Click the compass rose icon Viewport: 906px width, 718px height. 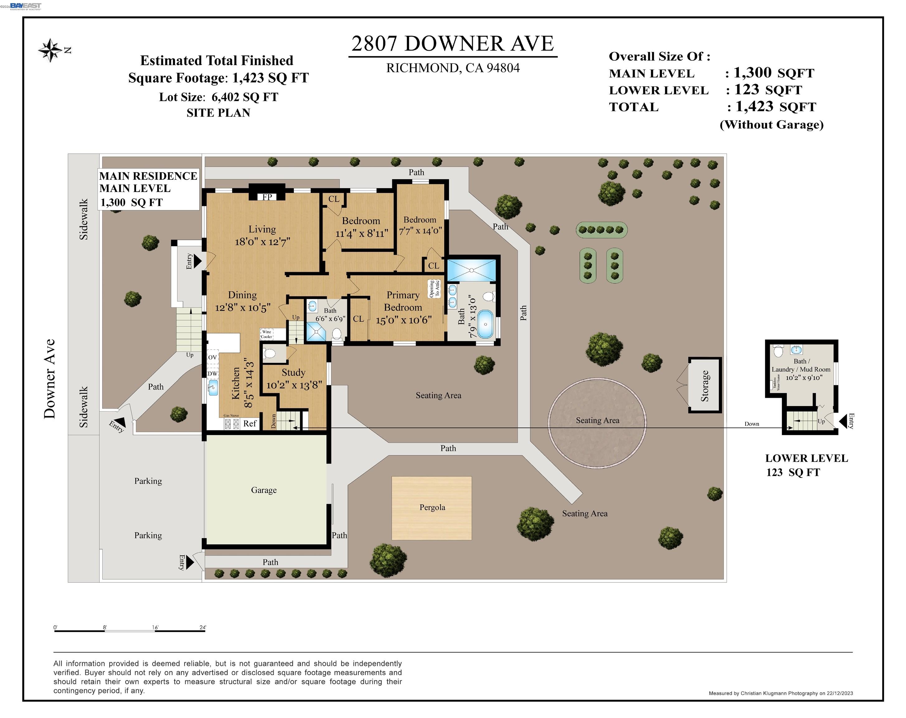(50, 50)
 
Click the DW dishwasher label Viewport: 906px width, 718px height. (213, 373)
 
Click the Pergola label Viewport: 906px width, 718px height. (432, 507)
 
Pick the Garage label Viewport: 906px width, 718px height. (264, 490)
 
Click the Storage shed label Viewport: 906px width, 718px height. (705, 385)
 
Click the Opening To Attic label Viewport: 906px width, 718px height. (434, 289)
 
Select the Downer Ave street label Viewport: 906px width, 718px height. (50, 379)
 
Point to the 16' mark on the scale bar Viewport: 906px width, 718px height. (155, 628)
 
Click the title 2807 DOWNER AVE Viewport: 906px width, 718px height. (453, 44)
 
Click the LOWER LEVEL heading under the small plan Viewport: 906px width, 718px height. (806, 458)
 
